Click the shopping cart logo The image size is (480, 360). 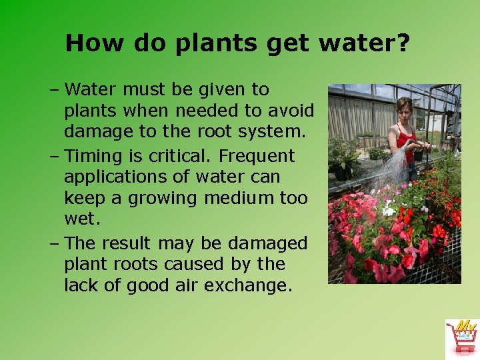point(461,338)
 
